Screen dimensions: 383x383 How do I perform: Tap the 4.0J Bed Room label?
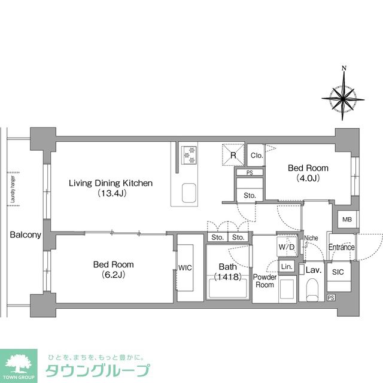pos(308,172)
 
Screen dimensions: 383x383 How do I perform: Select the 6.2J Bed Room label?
pos(113,269)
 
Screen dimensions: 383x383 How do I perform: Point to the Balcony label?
pos(25,235)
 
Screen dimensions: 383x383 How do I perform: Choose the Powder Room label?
pos(264,281)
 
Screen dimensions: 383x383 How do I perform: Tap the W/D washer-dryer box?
pos(285,247)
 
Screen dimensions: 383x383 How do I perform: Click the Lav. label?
pos(314,270)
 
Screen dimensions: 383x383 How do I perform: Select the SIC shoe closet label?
pos(338,272)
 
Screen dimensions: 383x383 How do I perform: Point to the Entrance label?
pos(341,247)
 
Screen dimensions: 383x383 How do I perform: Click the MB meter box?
pos(346,220)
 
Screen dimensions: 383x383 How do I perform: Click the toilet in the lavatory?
pos(311,291)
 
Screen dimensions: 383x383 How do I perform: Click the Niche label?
pos(311,238)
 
